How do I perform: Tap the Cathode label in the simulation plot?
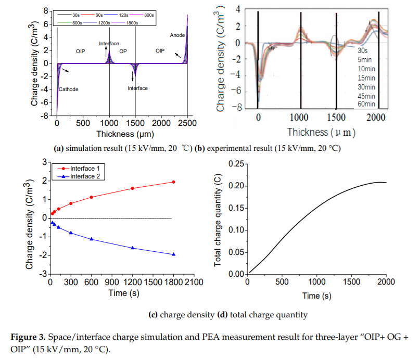click(68, 89)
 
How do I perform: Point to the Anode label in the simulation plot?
click(177, 35)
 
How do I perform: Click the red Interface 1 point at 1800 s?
click(173, 182)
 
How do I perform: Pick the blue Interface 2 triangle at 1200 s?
click(132, 248)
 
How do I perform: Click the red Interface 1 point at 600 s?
click(92, 197)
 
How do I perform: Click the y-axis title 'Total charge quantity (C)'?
click(218, 219)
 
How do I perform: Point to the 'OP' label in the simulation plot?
click(123, 52)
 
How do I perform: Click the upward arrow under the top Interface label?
click(107, 50)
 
